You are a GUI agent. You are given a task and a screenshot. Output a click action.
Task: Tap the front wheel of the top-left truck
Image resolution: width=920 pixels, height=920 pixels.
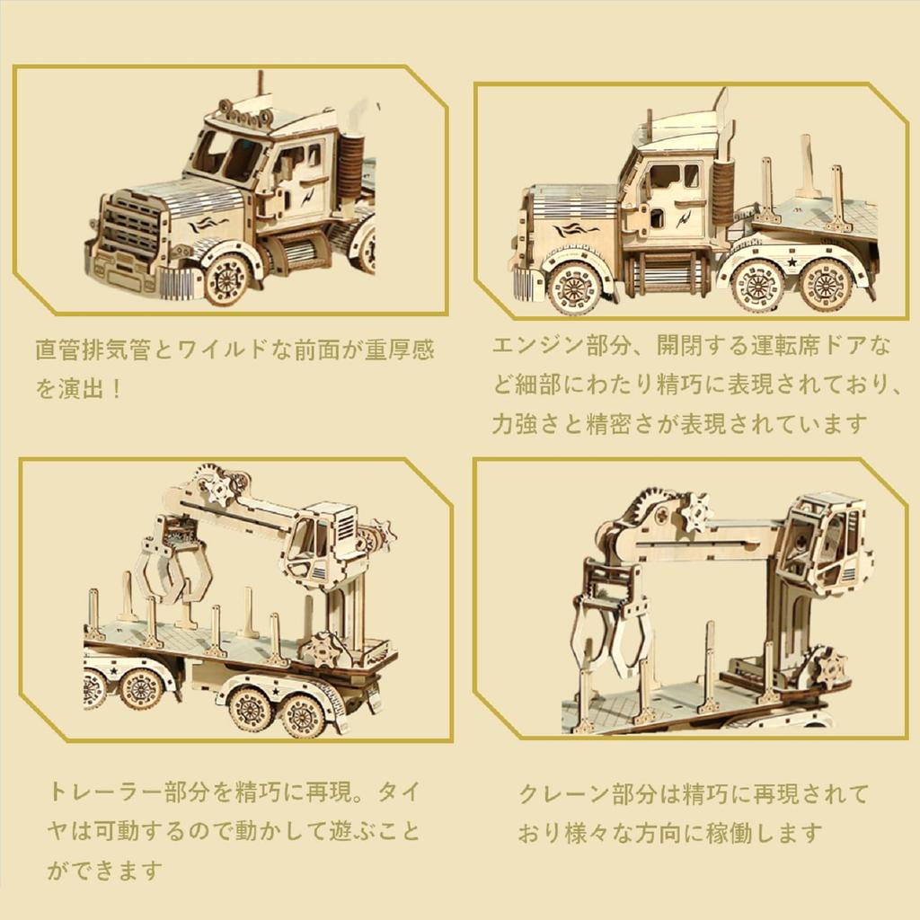[x=226, y=279]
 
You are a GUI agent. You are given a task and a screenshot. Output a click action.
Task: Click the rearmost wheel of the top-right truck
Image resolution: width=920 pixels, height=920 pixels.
[x=826, y=284]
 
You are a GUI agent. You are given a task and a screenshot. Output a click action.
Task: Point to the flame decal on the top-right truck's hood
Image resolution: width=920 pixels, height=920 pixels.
[x=575, y=230]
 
